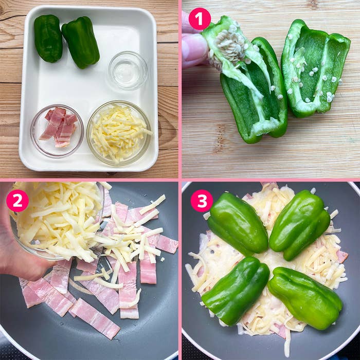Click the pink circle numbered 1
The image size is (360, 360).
[x=200, y=19]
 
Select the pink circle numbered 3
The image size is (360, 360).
[x=202, y=201]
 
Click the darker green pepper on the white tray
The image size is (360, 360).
[x=48, y=39]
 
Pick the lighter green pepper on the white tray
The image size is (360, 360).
[x=81, y=43]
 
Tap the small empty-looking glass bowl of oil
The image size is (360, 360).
[x=128, y=70]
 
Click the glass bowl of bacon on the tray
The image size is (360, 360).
[x=57, y=131]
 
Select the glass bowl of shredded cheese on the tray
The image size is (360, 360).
[x=119, y=133]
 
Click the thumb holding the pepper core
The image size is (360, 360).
[x=195, y=50]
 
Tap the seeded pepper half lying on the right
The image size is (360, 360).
[x=315, y=68]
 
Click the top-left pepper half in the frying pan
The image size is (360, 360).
[x=238, y=224]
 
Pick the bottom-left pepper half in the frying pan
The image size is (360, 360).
[x=236, y=291]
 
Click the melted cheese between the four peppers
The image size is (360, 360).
[x=268, y=262]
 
